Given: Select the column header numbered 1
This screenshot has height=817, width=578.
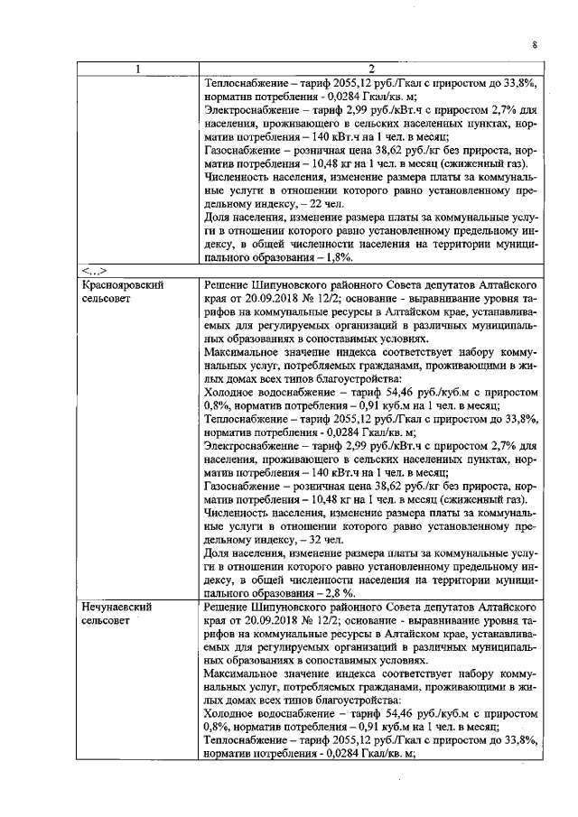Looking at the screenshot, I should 137,69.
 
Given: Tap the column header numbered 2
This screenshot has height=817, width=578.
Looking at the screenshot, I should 370,69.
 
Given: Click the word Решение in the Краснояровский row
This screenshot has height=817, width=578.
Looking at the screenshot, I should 228,284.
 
